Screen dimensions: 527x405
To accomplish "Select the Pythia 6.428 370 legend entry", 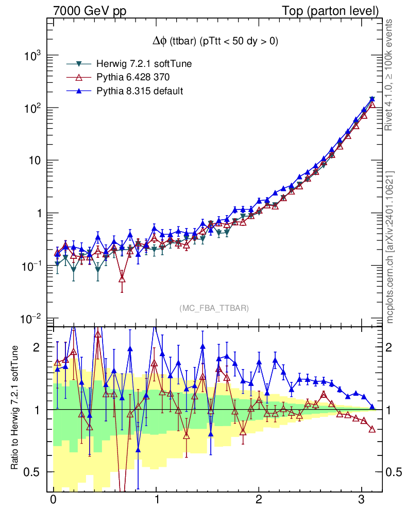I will coord(133,77).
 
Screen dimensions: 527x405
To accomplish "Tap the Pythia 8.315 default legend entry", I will coord(140,91).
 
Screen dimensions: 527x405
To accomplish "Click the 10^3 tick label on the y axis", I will coord(32,56).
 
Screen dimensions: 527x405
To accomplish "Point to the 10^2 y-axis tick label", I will coord(32,109).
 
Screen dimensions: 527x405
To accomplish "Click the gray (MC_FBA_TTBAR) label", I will coord(214,308).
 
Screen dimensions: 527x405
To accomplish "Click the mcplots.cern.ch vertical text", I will coord(390,247).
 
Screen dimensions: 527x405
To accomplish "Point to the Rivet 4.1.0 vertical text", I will coord(390,75).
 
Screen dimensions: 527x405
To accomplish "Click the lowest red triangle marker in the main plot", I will coord(122,278).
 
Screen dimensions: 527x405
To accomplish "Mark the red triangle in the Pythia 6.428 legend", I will coord(79,77).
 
